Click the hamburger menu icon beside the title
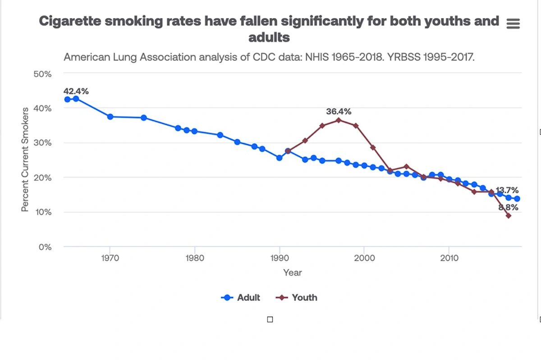tap(513, 24)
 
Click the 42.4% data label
tap(76, 91)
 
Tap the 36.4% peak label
tap(339, 111)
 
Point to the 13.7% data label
tap(507, 190)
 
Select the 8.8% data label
tap(508, 208)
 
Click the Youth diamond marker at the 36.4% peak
tap(339, 120)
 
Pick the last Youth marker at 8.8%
tap(509, 216)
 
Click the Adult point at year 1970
tap(110, 117)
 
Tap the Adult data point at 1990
tap(280, 158)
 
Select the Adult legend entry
tap(241, 297)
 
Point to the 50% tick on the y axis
tap(42, 74)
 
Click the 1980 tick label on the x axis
tap(194, 258)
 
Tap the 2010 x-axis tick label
tap(449, 258)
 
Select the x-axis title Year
tap(292, 273)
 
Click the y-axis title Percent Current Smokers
tap(25, 159)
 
